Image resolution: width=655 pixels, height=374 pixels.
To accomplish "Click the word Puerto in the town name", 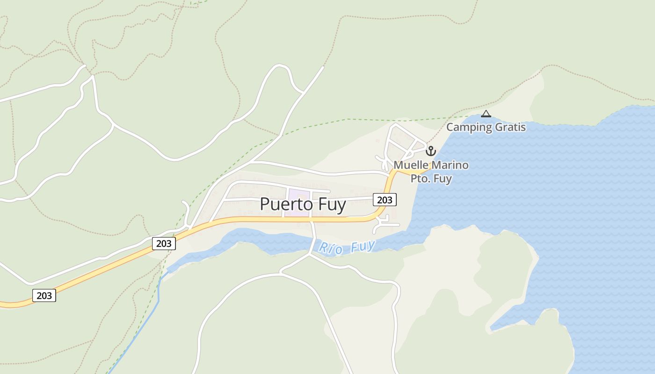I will pyautogui.click(x=284, y=205).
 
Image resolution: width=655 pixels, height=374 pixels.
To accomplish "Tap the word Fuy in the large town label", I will pyautogui.click(x=330, y=205).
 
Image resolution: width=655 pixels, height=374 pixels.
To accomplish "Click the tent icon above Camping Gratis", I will pyautogui.click(x=486, y=114).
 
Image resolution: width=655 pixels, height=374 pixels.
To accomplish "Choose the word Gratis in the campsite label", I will pyautogui.click(x=510, y=127).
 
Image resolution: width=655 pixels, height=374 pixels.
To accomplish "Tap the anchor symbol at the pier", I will pyautogui.click(x=430, y=151).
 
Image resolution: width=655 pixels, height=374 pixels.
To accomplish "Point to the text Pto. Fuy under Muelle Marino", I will pyautogui.click(x=431, y=178).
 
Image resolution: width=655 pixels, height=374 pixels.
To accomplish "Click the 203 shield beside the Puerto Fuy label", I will pyautogui.click(x=385, y=200).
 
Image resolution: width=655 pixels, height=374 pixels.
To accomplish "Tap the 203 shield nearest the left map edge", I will pyautogui.click(x=44, y=295).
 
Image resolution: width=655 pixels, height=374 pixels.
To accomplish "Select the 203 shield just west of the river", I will pyautogui.click(x=164, y=243).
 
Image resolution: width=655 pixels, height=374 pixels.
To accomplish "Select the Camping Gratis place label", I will pyautogui.click(x=486, y=127).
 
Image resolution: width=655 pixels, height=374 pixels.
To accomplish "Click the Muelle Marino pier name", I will pyautogui.click(x=431, y=165).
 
